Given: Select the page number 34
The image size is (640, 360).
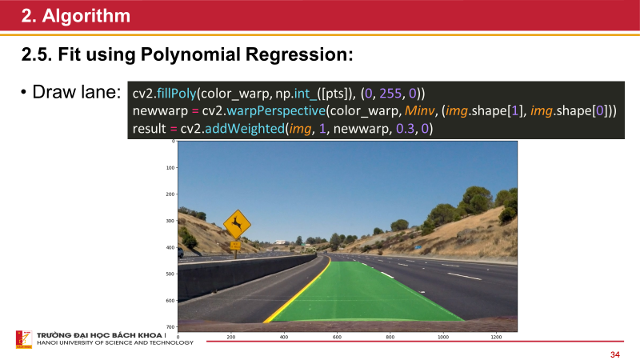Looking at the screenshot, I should click(615, 354).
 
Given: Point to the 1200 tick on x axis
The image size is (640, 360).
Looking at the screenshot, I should click(497, 338).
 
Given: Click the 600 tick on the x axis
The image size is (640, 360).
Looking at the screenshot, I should click(338, 338).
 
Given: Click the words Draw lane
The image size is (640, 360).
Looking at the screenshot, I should click(76, 92).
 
